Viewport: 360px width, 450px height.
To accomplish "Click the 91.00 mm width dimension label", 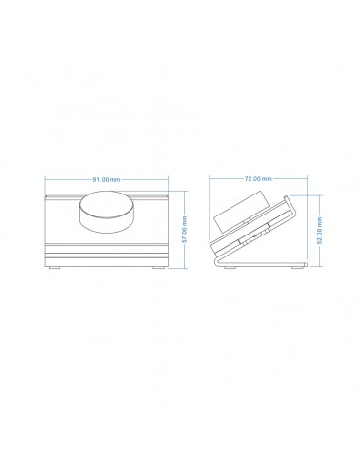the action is [x=107, y=179].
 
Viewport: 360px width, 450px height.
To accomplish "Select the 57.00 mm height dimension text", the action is [x=185, y=229].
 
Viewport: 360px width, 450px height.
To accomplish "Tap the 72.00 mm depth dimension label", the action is [x=258, y=179].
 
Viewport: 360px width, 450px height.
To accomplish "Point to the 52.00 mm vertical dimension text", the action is [x=320, y=231].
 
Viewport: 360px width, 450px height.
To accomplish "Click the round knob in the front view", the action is [x=107, y=211].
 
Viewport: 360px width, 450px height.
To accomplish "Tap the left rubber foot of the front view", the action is [x=54, y=268].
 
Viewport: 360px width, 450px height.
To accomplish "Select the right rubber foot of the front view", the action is [x=158, y=268].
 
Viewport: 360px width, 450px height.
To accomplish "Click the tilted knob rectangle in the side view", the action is [x=242, y=211].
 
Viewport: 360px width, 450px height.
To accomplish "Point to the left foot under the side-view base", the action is [x=230, y=268].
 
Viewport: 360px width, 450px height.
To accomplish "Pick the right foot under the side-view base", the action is [x=297, y=268].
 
